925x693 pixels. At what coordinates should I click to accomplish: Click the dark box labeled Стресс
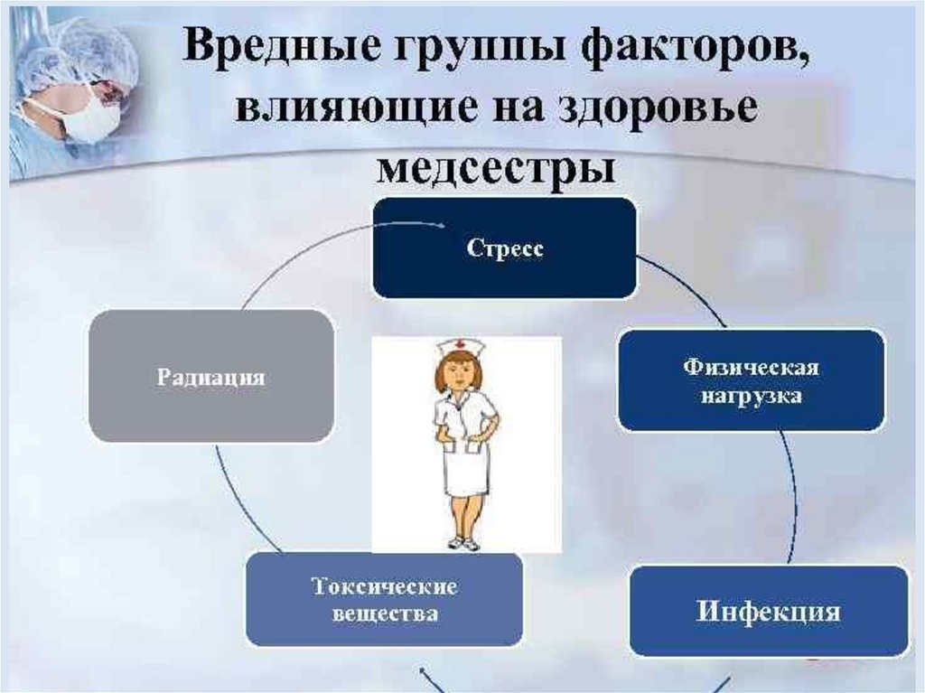tap(505, 248)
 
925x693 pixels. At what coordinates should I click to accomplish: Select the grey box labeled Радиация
tap(212, 377)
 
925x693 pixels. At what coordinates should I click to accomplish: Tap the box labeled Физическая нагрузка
tap(750, 380)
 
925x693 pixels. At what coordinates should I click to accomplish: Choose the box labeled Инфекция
tap(768, 611)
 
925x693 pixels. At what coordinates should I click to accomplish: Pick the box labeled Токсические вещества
tap(384, 600)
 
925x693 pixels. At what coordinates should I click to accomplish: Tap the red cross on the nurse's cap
tap(457, 344)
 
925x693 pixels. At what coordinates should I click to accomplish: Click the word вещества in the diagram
tap(385, 613)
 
